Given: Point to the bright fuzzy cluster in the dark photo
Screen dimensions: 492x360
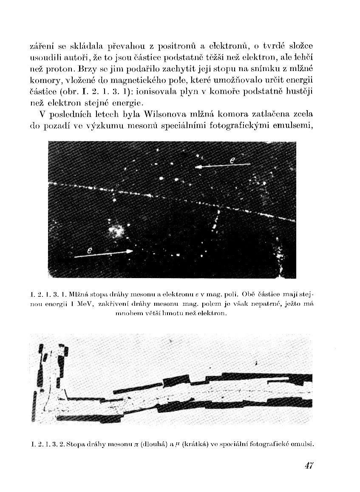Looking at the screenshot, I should (116, 230).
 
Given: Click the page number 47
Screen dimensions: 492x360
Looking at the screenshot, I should (309, 465).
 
